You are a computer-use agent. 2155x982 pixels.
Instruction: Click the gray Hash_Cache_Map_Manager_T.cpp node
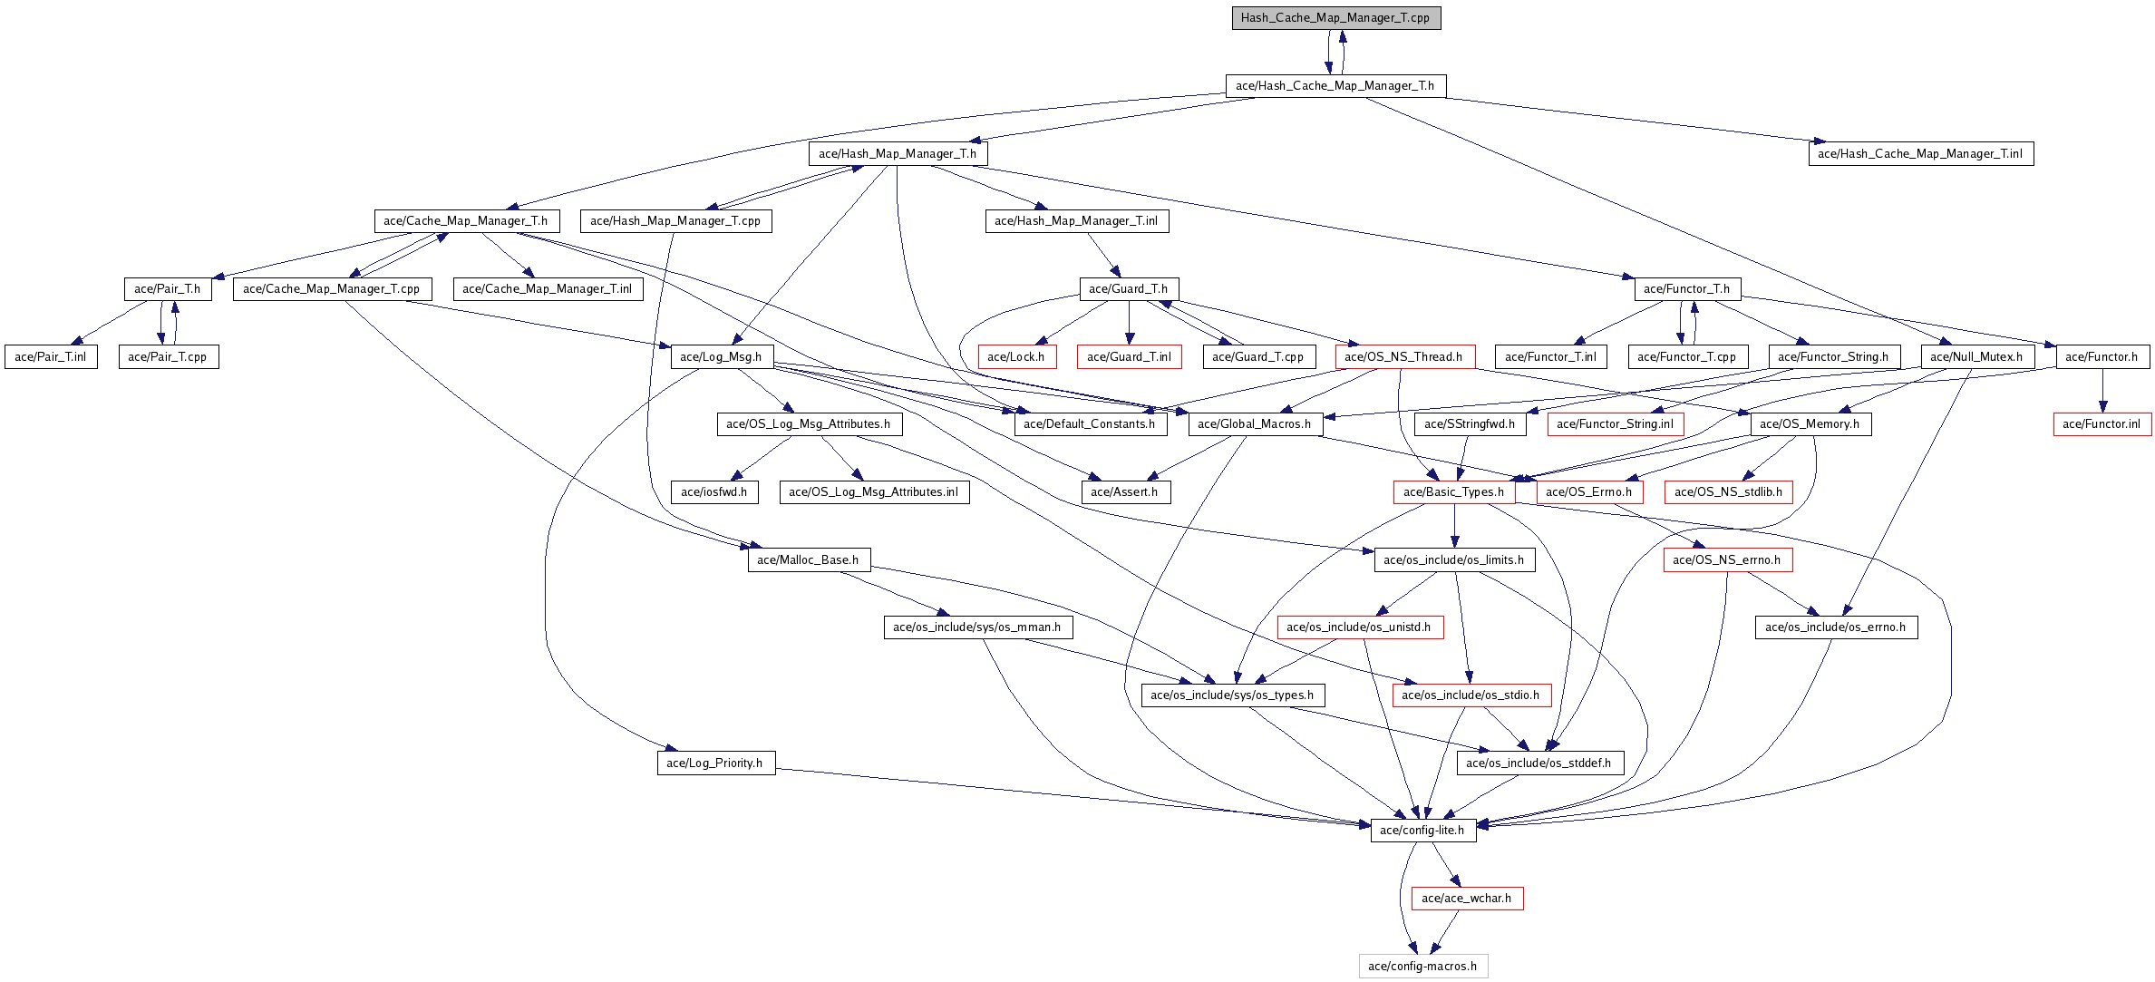click(x=1335, y=18)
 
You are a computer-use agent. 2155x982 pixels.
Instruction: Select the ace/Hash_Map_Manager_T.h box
click(x=898, y=154)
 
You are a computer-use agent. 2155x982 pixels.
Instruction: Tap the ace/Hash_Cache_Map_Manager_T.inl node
click(x=1920, y=154)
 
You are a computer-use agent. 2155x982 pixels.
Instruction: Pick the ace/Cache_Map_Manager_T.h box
click(x=466, y=221)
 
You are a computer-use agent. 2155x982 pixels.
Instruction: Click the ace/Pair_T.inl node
click(x=51, y=357)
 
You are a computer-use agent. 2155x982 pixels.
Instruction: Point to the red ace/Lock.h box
click(x=1016, y=357)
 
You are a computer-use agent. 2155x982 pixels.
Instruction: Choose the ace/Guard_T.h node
click(x=1129, y=289)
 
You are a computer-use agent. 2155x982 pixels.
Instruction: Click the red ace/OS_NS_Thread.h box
click(x=1403, y=357)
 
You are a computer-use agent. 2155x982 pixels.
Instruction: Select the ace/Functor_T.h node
click(x=1686, y=289)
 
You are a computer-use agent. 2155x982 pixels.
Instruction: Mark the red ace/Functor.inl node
click(x=2102, y=424)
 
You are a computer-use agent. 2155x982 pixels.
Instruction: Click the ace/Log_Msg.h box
click(x=721, y=357)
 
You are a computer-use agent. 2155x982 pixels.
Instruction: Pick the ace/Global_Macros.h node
click(x=1254, y=424)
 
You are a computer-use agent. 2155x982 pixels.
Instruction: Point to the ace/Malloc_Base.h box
click(x=808, y=560)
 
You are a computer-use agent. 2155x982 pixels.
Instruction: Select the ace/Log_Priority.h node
click(x=715, y=763)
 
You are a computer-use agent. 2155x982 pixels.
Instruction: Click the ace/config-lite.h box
click(x=1422, y=831)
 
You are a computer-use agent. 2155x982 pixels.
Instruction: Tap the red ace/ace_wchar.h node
click(x=1467, y=899)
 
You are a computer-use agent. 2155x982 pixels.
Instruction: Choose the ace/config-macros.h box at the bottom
click(x=1422, y=967)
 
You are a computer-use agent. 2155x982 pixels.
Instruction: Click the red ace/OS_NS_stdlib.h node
click(x=1728, y=492)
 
